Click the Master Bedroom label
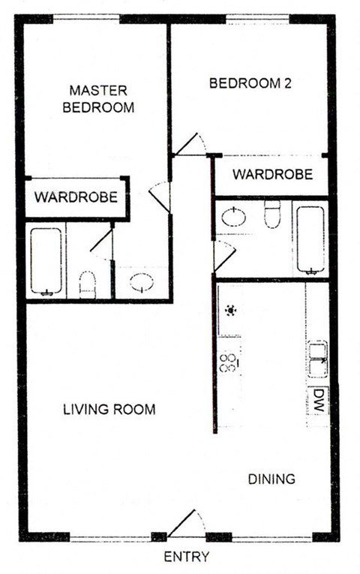coord(102,98)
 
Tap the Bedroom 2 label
coord(250,84)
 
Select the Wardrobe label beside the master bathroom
coord(76,198)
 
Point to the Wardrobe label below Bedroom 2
coord(271,175)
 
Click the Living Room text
coord(109,410)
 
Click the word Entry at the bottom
coord(186,557)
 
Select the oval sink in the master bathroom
coord(141,282)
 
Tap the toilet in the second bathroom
coord(271,215)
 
